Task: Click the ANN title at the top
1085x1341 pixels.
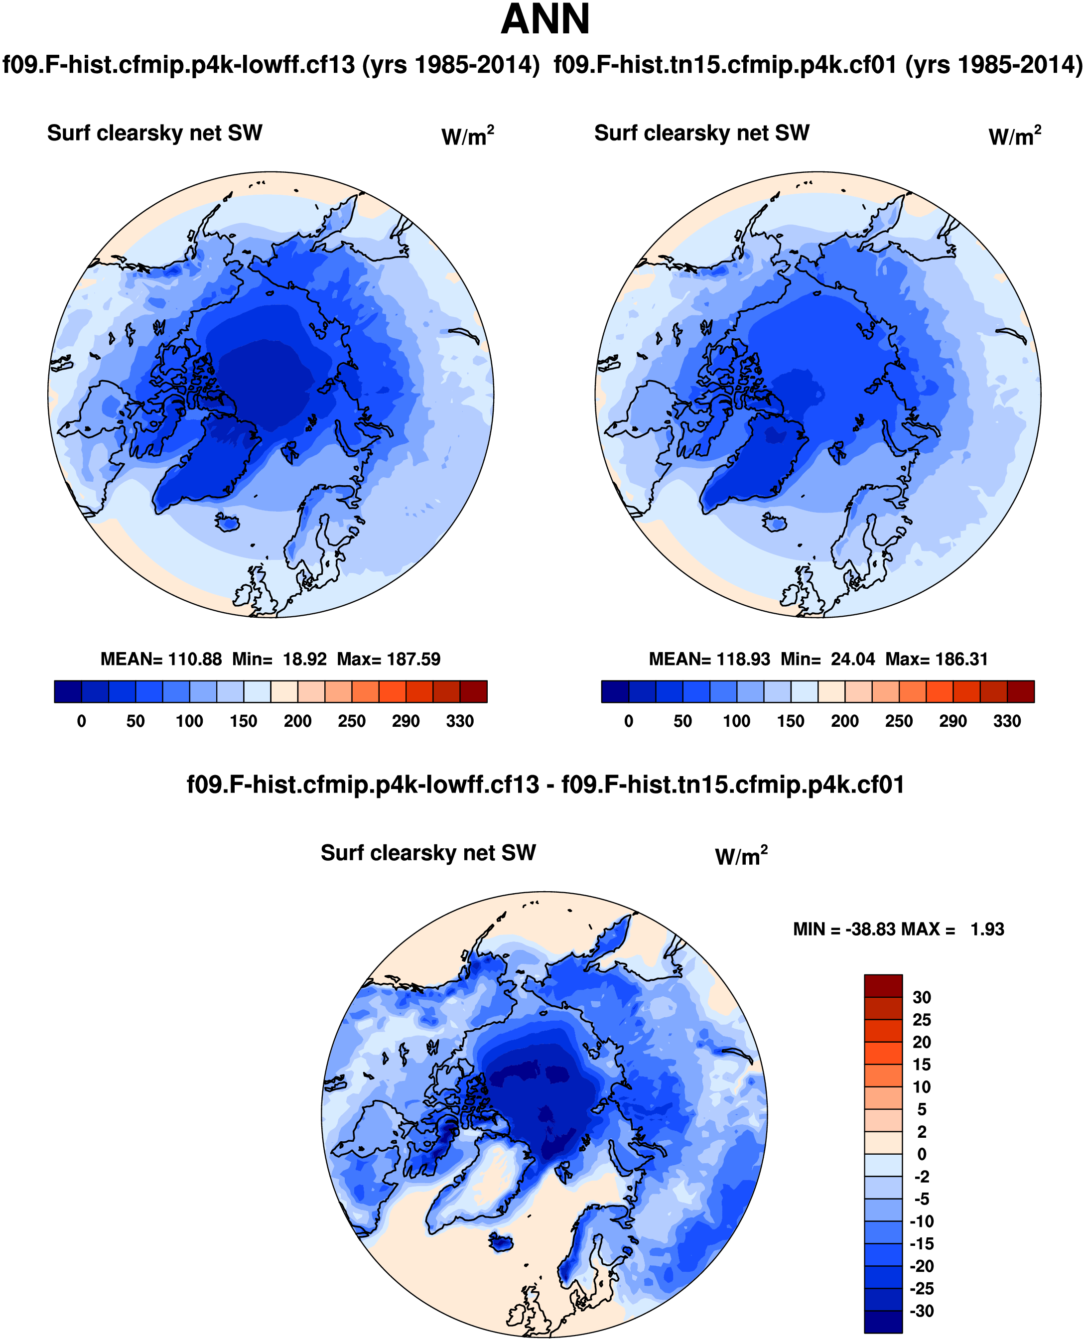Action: point(545,20)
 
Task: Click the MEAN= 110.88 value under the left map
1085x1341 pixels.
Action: point(161,659)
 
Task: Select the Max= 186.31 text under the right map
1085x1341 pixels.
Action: point(937,659)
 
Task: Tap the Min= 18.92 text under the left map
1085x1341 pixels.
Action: point(279,659)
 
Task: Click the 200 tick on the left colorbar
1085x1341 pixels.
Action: point(297,721)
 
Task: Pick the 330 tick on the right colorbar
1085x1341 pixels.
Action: point(1007,721)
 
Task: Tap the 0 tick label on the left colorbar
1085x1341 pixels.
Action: point(81,721)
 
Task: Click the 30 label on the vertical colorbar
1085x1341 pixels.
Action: point(922,997)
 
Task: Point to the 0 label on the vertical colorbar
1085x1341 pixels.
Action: point(922,1154)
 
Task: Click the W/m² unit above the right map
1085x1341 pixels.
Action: point(1014,135)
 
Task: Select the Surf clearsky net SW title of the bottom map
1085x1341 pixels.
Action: point(428,853)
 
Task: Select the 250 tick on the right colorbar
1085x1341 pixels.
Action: point(899,721)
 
